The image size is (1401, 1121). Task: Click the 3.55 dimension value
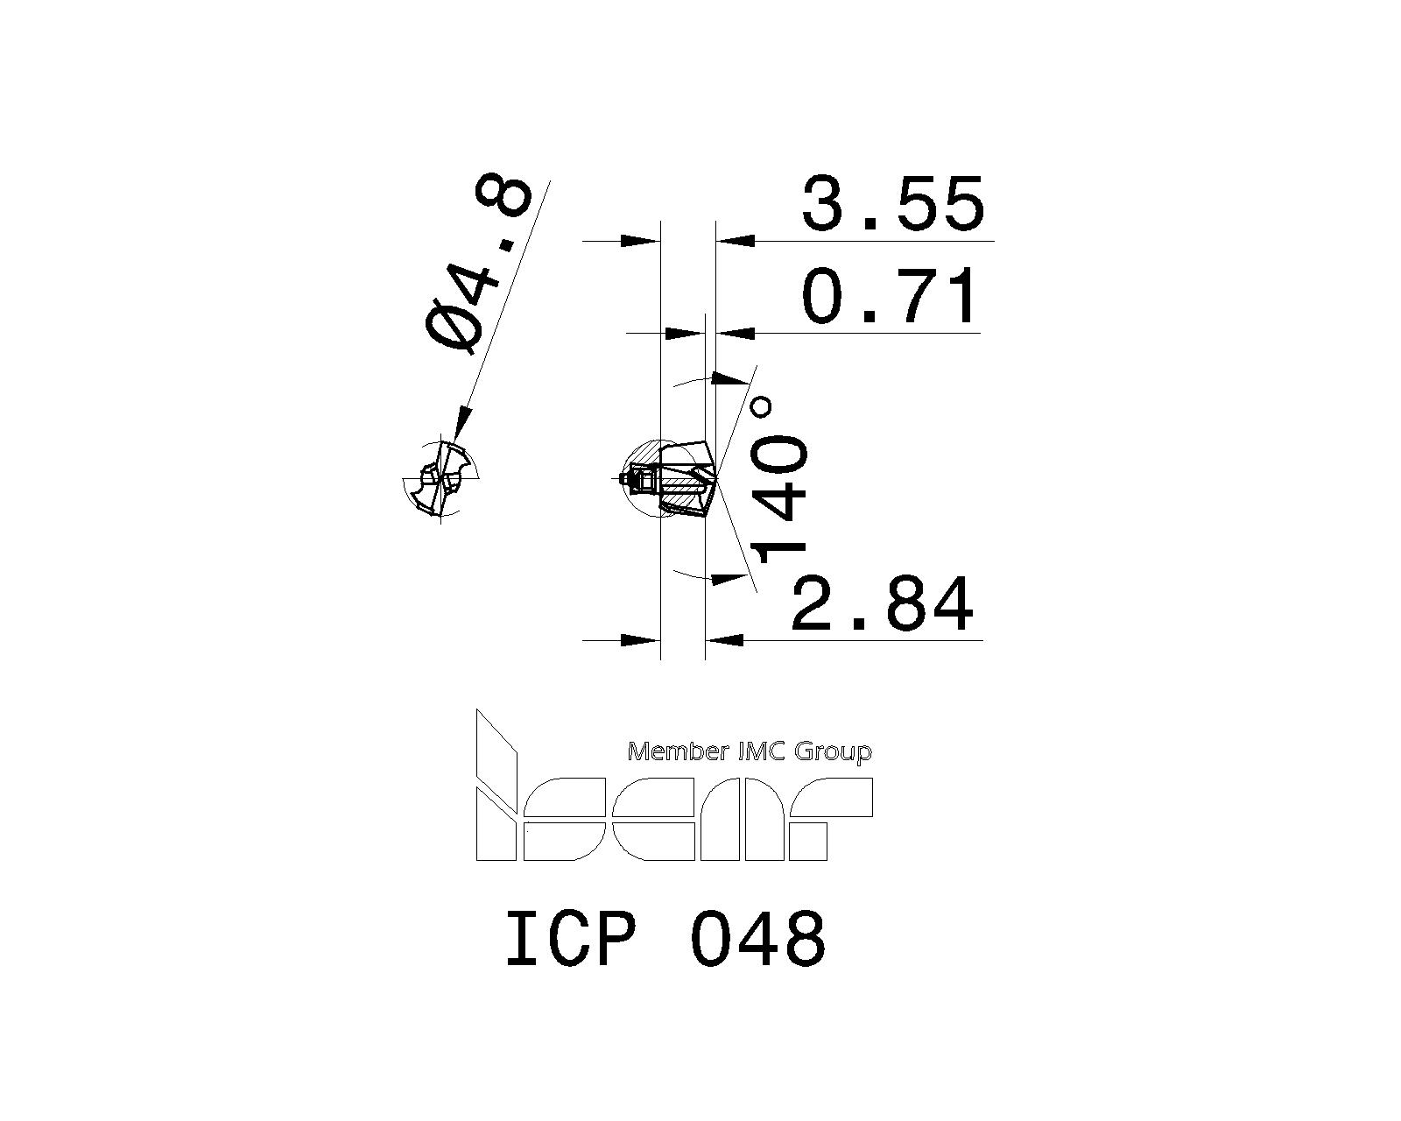893,204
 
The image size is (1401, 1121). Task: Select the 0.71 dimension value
890,297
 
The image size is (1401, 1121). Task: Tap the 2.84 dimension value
882,603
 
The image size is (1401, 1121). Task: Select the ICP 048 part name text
665,939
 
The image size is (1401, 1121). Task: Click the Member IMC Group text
750,751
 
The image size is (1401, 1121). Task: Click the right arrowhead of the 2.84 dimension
725,640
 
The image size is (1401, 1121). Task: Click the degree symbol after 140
762,407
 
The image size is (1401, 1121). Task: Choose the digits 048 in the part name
758,939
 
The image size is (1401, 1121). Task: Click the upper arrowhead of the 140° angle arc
725,377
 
